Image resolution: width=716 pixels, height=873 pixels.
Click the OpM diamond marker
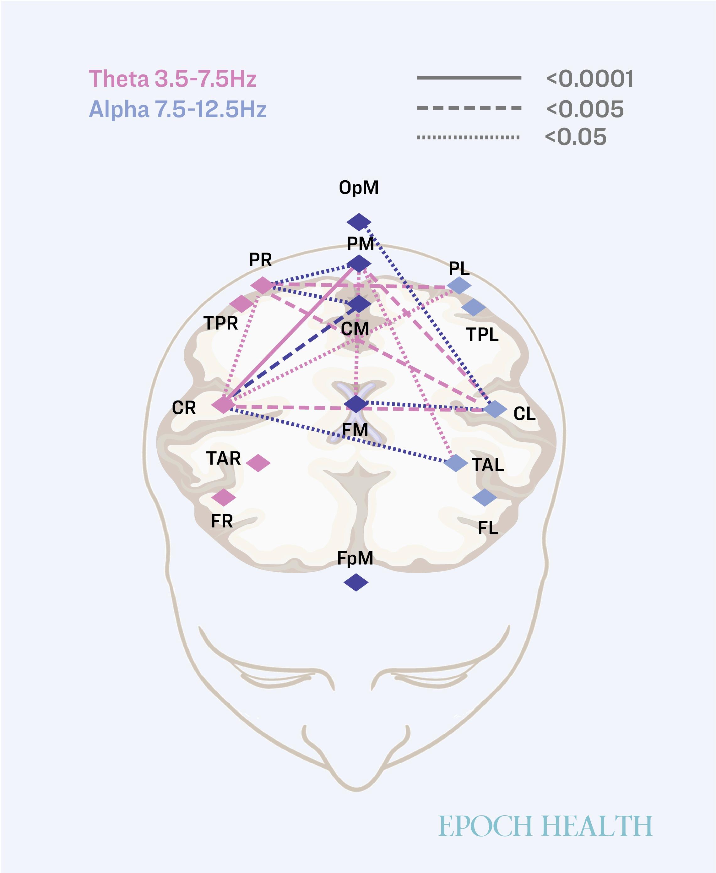click(x=359, y=222)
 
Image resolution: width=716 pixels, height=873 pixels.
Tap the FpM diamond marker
click(x=356, y=582)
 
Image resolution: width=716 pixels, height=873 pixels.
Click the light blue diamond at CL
click(x=495, y=409)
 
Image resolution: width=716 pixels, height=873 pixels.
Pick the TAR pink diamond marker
click(x=258, y=463)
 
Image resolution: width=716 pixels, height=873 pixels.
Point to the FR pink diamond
click(x=224, y=498)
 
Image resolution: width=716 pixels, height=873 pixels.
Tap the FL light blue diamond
click(x=485, y=498)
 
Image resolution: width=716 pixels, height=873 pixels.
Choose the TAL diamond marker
click(x=456, y=463)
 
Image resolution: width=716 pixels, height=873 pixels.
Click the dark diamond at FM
click(x=356, y=404)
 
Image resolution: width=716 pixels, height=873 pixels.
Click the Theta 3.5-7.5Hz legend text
click(x=173, y=79)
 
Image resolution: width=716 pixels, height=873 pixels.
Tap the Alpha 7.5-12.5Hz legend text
click(x=178, y=109)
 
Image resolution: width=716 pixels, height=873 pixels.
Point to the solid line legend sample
click(x=469, y=78)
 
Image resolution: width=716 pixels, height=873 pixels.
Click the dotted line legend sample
click(x=468, y=137)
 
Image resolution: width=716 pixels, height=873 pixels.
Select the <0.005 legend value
click(x=585, y=109)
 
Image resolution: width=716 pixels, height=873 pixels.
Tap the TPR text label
click(x=221, y=323)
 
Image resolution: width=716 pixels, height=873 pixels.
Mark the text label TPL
click(x=482, y=334)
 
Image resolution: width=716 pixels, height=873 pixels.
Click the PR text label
click(x=260, y=259)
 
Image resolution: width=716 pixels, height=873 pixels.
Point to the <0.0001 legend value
click(x=590, y=79)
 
